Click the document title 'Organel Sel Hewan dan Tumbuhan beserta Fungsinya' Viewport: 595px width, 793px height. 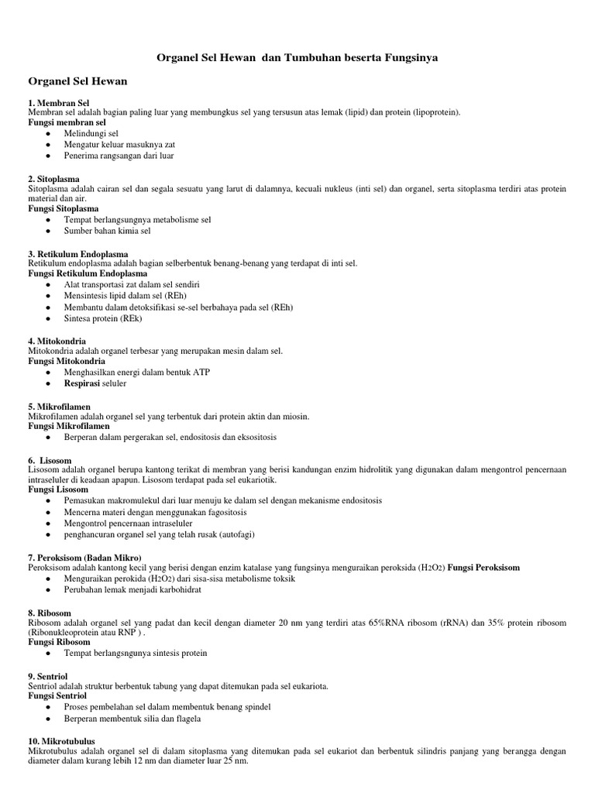click(x=297, y=58)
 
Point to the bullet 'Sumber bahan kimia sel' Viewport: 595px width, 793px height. click(x=108, y=231)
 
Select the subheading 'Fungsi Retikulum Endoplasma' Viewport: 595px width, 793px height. click(x=88, y=273)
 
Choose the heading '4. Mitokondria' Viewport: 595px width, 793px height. click(x=57, y=341)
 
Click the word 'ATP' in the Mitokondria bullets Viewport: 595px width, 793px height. click(x=201, y=372)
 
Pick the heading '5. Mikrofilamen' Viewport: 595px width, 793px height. click(x=60, y=406)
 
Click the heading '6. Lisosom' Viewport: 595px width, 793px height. click(x=50, y=461)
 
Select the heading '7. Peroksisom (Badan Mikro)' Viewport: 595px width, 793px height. click(x=85, y=558)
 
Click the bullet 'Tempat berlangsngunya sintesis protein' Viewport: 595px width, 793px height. click(x=136, y=653)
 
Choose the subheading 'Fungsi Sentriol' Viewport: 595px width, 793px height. click(x=59, y=696)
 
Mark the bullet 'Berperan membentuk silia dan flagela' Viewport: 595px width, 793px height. click(x=132, y=718)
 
